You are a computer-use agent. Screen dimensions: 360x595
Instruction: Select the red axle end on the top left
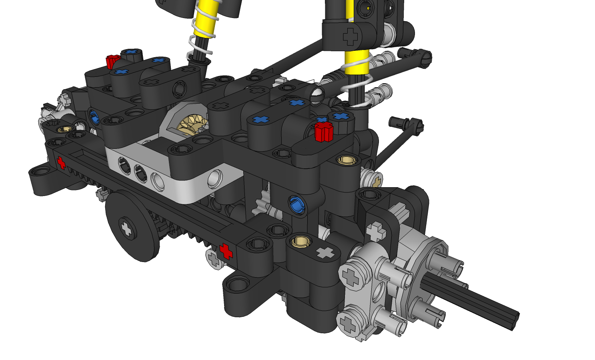[x=112, y=61]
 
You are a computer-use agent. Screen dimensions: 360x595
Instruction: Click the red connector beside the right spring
[x=324, y=132]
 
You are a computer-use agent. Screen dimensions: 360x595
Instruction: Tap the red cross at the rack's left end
[x=61, y=162]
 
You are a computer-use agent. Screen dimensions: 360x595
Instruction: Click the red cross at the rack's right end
[x=226, y=251]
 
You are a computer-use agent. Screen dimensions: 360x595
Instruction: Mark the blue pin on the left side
[x=94, y=118]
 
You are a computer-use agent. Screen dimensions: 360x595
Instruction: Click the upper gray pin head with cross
[x=351, y=276]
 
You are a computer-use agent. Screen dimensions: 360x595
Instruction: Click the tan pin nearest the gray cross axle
[x=300, y=241]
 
